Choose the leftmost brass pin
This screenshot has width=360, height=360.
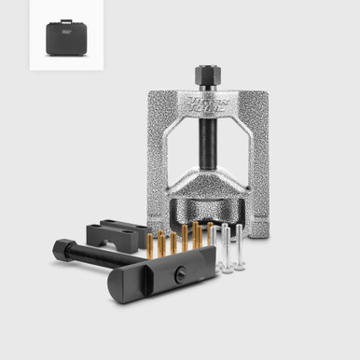point(147,243)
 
